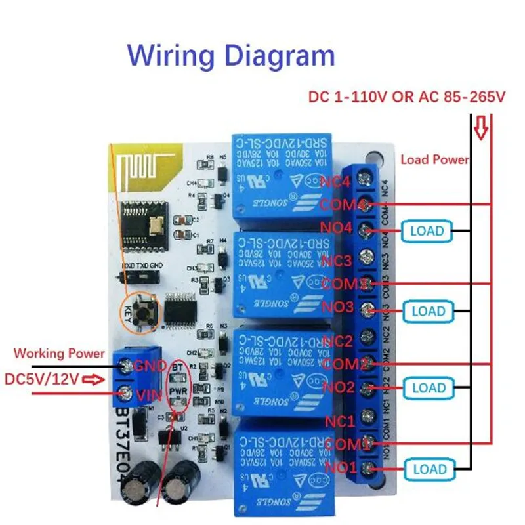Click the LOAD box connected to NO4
pos(427,231)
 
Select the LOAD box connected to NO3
pos(428,311)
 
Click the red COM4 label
pos(342,205)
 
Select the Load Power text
pos(434,159)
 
